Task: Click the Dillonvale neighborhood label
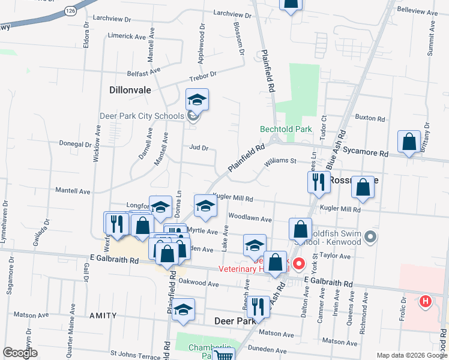click(x=130, y=89)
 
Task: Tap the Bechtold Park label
click(x=286, y=129)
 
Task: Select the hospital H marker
click(x=426, y=301)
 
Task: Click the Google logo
click(x=20, y=353)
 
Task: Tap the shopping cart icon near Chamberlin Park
click(x=223, y=355)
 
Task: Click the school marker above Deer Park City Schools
click(x=197, y=100)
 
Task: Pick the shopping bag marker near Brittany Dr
click(x=409, y=142)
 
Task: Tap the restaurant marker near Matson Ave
click(x=257, y=306)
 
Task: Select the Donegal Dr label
click(x=75, y=144)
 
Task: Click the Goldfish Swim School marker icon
click(x=370, y=237)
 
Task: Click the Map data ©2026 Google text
click(x=412, y=355)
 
